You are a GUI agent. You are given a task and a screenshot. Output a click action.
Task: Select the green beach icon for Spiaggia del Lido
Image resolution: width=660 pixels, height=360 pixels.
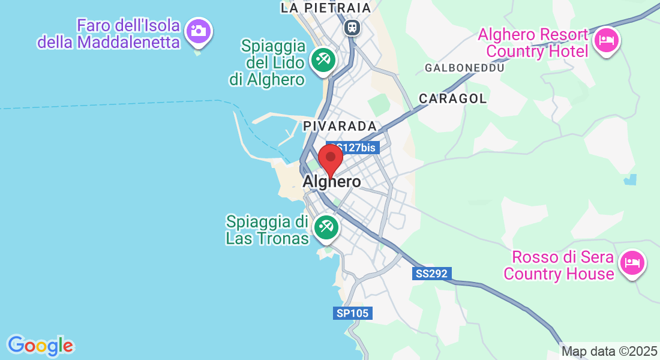click(323, 60)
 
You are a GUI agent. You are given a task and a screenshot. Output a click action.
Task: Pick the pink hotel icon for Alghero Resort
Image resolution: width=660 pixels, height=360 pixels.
click(607, 41)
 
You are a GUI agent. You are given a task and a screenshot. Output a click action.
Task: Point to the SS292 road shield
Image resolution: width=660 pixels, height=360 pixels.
click(432, 274)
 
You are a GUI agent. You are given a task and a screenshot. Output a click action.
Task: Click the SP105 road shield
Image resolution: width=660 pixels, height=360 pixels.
click(353, 313)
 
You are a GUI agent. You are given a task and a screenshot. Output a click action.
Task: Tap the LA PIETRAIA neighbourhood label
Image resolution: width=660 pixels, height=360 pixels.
click(326, 8)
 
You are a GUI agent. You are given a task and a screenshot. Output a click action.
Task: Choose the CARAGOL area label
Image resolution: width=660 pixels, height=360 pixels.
click(453, 98)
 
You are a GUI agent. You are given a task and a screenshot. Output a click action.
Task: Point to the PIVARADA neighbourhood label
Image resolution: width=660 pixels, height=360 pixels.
click(340, 126)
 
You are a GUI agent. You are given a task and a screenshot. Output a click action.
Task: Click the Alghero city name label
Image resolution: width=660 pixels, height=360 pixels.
click(332, 182)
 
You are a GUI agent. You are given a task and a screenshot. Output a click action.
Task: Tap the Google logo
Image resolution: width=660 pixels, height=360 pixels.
click(40, 346)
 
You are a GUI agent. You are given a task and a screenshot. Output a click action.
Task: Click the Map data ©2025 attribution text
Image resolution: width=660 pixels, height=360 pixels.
click(609, 352)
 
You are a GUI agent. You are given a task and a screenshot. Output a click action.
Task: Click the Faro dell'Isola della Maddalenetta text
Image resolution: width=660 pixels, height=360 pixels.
click(109, 34)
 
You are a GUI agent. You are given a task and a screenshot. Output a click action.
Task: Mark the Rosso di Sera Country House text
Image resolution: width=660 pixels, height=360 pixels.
click(559, 266)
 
